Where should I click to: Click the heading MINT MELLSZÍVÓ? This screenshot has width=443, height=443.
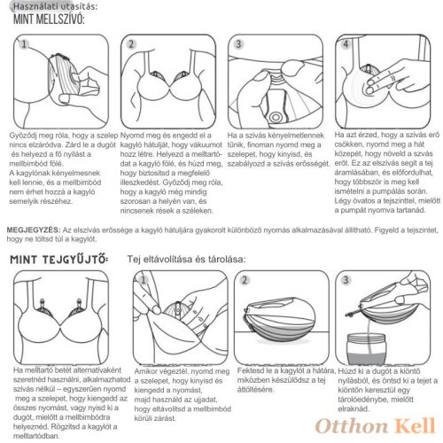coord(49,19)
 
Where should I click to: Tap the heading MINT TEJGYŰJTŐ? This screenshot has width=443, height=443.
coord(59,260)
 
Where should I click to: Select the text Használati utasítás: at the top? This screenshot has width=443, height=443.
coord(55,6)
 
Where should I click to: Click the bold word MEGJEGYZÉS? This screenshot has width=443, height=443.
coord(34,229)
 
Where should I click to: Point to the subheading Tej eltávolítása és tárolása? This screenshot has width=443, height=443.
coord(186,259)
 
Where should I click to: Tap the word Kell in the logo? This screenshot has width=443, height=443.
coord(416,426)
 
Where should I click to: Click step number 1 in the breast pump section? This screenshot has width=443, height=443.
coord(24,44)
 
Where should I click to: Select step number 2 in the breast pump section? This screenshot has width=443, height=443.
coord(131,44)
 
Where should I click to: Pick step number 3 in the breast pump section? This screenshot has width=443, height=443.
coord(238,44)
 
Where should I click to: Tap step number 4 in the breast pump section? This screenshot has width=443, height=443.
coord(346,44)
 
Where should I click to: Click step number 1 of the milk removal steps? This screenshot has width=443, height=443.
coord(144,280)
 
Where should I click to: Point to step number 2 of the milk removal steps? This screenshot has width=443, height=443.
coord(245,280)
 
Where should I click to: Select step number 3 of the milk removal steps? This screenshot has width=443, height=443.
coord(346,280)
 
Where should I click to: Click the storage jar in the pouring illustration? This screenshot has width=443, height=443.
coord(366,349)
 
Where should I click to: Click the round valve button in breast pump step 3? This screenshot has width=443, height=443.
coord(276,117)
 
